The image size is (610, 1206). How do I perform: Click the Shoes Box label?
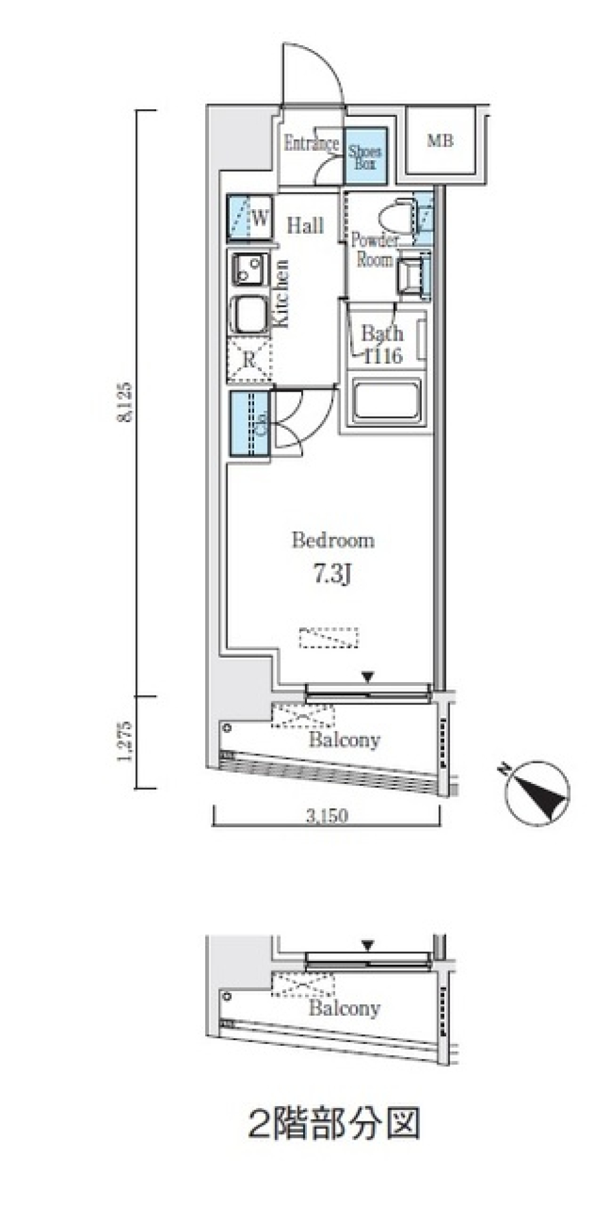[365, 156]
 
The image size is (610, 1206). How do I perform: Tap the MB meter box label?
[440, 140]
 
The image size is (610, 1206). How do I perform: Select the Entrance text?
[311, 144]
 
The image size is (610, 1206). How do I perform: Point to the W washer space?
[259, 218]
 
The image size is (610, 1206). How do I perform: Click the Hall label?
[305, 225]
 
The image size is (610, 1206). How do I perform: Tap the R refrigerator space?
[249, 360]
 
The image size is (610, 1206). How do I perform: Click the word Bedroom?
[333, 540]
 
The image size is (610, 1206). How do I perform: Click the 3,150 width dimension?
[327, 816]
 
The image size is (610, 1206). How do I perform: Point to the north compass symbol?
[537, 792]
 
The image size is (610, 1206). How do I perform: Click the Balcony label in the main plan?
[344, 739]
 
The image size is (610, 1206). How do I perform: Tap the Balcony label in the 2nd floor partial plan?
[344, 1008]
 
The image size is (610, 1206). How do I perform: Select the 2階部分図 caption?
[333, 1124]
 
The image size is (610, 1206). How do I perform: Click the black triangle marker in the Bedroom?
[367, 677]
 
